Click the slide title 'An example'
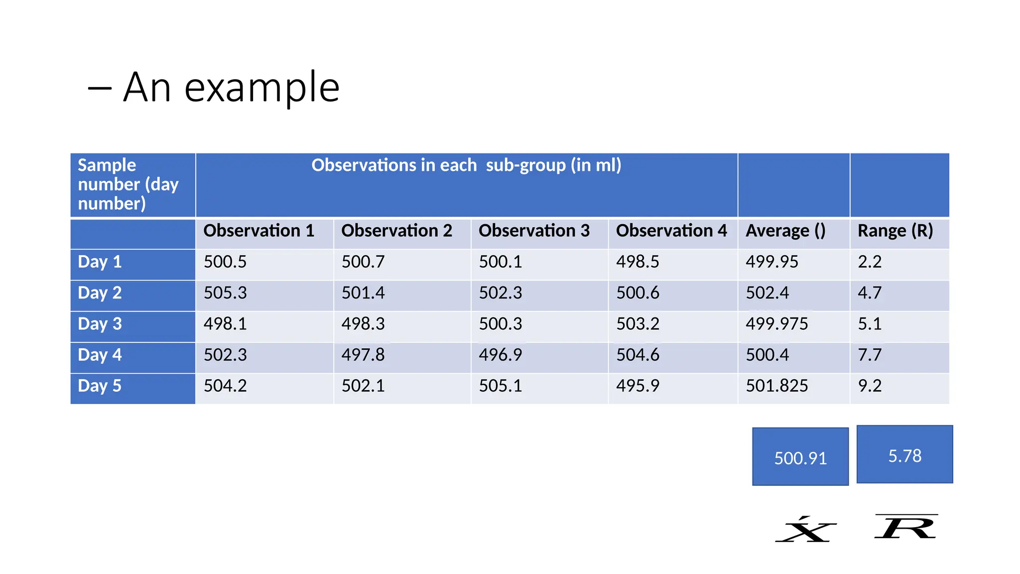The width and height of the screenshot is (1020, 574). pyautogui.click(x=231, y=87)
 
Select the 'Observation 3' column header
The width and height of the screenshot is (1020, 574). pyautogui.click(x=534, y=231)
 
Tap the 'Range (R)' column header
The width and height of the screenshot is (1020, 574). pyautogui.click(x=895, y=231)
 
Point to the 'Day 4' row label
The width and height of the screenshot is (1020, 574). pyautogui.click(x=100, y=355)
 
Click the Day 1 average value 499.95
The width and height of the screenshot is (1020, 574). pyautogui.click(x=771, y=262)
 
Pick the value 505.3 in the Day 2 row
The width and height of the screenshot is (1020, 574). pyautogui.click(x=225, y=293)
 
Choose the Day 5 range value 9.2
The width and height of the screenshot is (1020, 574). pyautogui.click(x=870, y=386)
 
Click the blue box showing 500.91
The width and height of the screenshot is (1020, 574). pyautogui.click(x=800, y=457)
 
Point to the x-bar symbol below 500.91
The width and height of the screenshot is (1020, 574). pyautogui.click(x=805, y=530)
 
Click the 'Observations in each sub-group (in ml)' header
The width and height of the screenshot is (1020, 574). pyautogui.click(x=466, y=165)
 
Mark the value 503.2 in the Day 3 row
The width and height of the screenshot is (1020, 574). pyautogui.click(x=637, y=324)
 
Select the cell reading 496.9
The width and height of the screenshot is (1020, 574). pyautogui.click(x=501, y=355)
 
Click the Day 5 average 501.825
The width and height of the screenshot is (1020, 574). pyautogui.click(x=776, y=386)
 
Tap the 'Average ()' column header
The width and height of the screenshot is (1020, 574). pyautogui.click(x=785, y=231)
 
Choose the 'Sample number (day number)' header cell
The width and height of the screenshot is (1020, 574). pyautogui.click(x=128, y=184)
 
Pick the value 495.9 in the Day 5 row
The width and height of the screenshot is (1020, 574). pyautogui.click(x=637, y=386)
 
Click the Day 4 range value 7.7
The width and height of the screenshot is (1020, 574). pyautogui.click(x=870, y=355)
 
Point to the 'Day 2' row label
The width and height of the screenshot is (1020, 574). pyautogui.click(x=100, y=293)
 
